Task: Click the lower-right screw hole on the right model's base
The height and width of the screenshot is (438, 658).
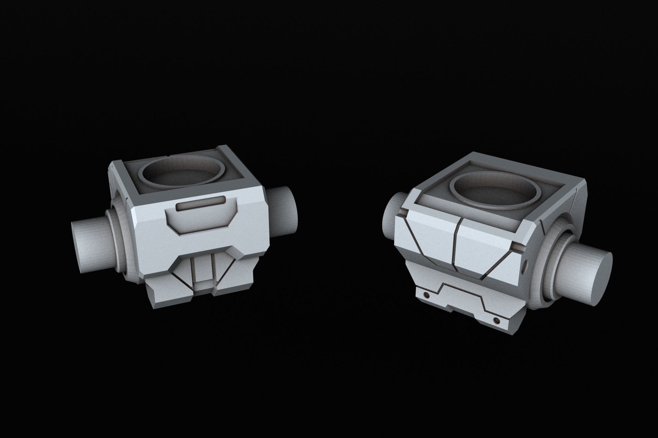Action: (497, 320)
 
